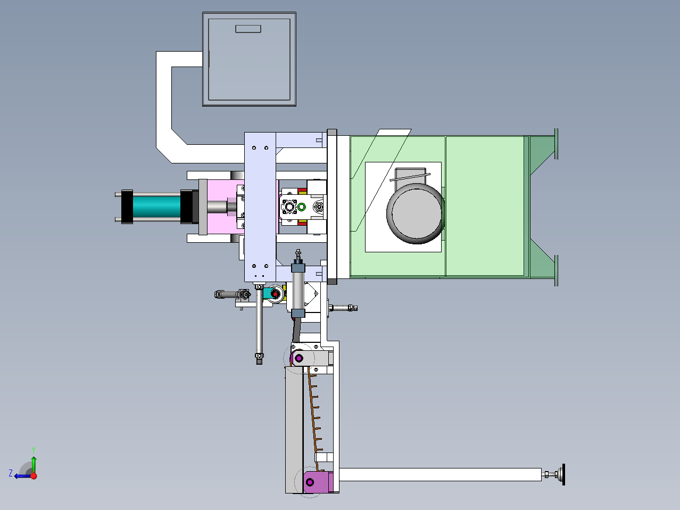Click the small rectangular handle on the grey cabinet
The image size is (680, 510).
click(x=248, y=29)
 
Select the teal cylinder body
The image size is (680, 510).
click(x=157, y=207)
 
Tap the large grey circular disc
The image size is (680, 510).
click(x=416, y=213)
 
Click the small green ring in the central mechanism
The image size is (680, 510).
click(x=302, y=207)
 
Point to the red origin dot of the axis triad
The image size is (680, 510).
click(x=34, y=476)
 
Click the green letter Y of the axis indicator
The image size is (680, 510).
click(x=34, y=450)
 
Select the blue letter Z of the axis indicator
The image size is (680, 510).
click(x=11, y=473)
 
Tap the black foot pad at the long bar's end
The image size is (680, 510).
click(x=563, y=474)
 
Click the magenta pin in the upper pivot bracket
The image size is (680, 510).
click(x=299, y=358)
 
